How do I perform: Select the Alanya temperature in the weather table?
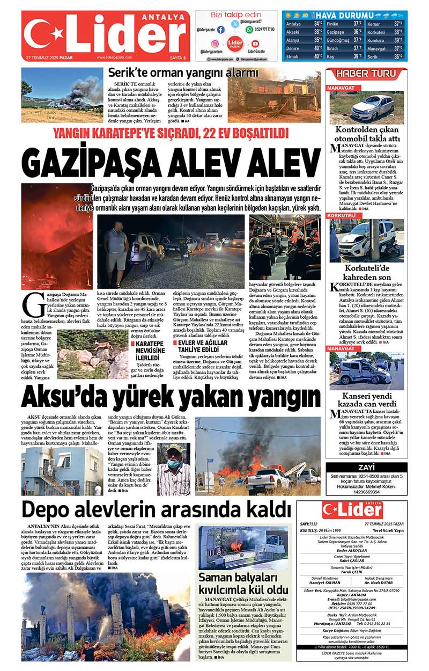click(317, 40)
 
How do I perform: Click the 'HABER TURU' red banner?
click(366, 73)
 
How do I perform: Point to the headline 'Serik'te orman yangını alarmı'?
click(183, 72)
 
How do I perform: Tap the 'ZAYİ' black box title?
click(366, 468)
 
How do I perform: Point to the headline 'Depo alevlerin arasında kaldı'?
click(148, 508)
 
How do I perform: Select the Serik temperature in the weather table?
click(398, 56)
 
